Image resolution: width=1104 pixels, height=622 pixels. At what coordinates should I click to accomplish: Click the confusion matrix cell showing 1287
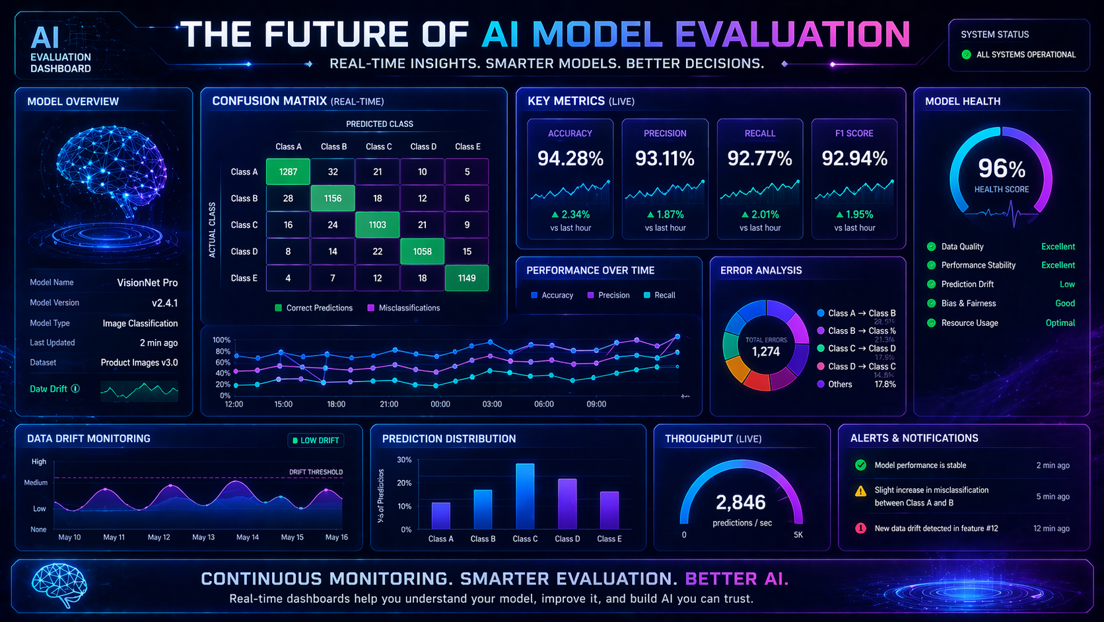click(x=288, y=172)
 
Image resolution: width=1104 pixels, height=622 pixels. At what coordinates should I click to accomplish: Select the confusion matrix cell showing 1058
click(x=422, y=251)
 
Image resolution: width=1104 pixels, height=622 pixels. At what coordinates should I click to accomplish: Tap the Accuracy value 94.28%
click(x=570, y=159)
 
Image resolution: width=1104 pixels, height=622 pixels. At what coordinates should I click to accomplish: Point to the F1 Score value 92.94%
click(x=854, y=159)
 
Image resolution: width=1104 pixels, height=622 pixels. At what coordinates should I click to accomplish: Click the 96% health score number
click(x=1001, y=169)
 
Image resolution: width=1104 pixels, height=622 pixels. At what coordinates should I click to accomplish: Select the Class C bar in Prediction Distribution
click(x=525, y=496)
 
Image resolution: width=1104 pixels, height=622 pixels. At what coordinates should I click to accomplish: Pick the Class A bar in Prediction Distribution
click(x=440, y=515)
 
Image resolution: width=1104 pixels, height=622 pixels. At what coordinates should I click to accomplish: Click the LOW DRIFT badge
click(x=316, y=440)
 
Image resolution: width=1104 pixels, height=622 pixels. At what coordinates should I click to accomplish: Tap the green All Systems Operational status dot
click(x=966, y=55)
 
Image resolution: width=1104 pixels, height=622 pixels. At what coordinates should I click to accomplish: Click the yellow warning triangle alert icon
click(x=860, y=491)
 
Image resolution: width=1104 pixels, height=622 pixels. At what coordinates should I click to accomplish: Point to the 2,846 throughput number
click(x=741, y=502)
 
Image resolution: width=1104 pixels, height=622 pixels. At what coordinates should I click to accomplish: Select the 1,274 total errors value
click(x=765, y=352)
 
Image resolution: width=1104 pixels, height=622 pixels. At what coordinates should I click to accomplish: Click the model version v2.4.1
click(x=164, y=303)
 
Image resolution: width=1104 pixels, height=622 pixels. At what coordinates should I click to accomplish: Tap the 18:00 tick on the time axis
click(x=336, y=404)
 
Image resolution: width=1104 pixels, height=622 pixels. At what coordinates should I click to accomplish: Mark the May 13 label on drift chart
click(x=203, y=537)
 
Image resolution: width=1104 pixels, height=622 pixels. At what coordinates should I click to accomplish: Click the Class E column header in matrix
click(x=467, y=147)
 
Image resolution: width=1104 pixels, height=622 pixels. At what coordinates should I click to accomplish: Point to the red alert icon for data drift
click(x=860, y=528)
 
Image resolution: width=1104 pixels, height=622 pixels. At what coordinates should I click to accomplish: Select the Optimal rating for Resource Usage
click(x=1060, y=323)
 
